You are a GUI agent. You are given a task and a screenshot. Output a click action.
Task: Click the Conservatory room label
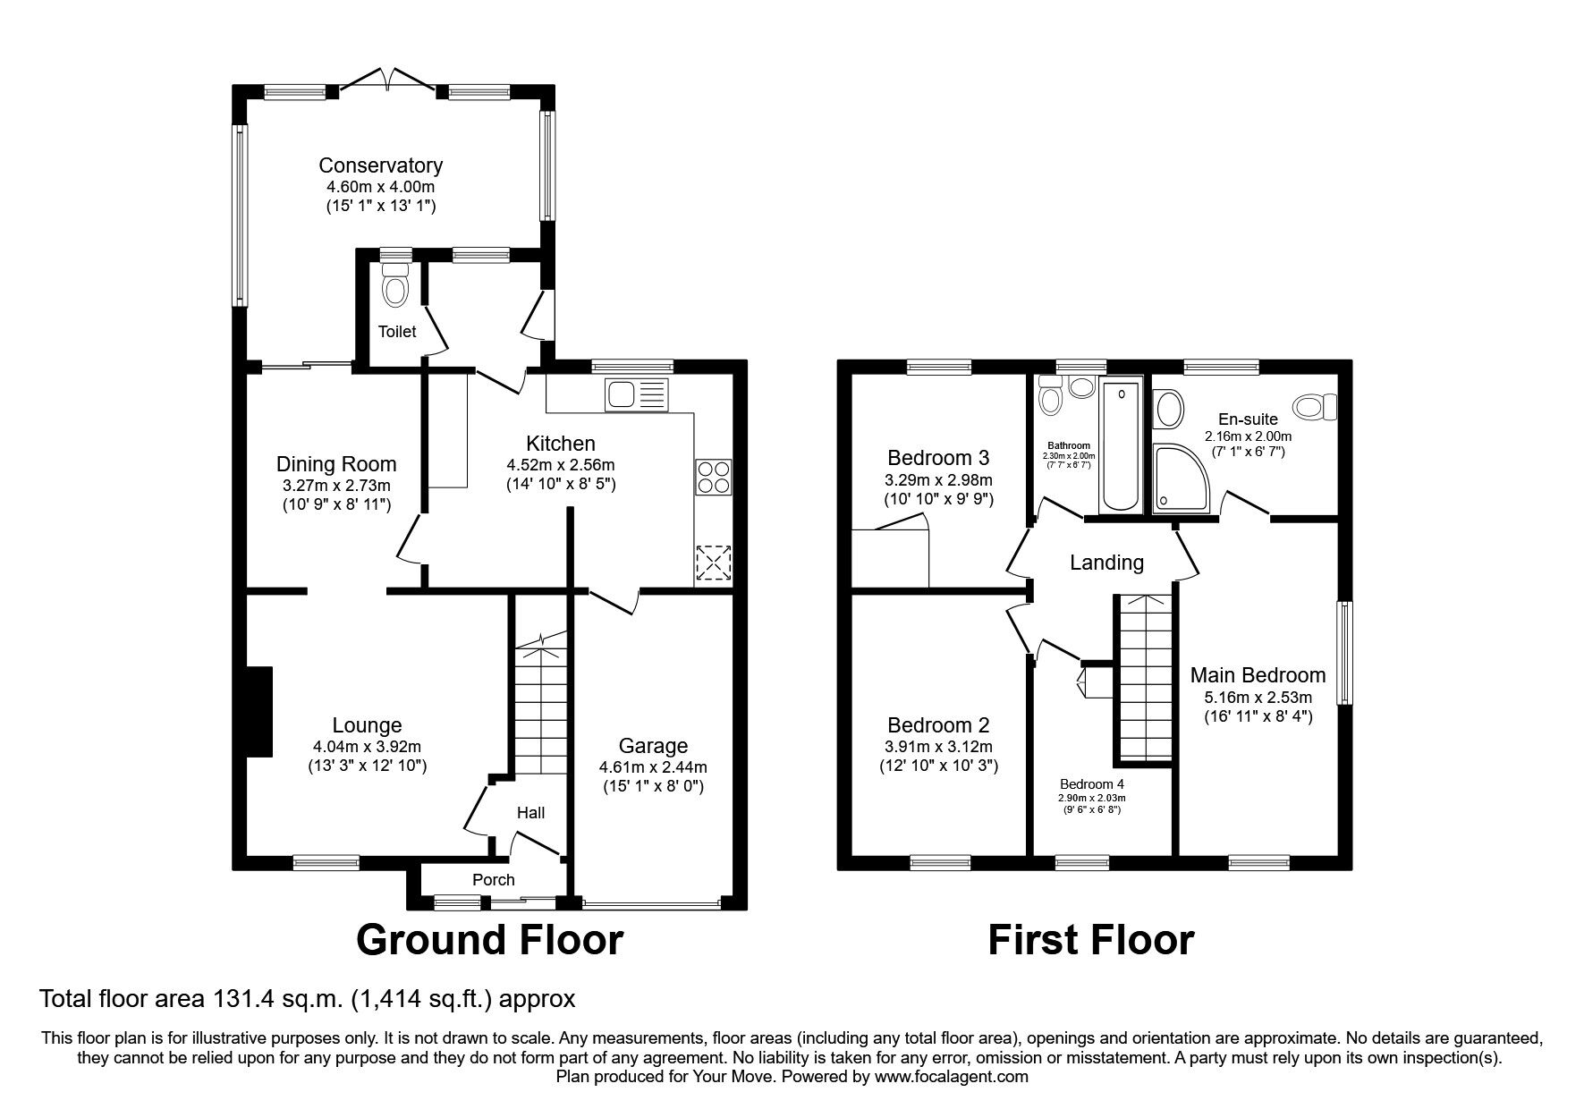coord(380,165)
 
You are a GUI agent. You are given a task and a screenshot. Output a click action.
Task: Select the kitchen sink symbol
coord(636,394)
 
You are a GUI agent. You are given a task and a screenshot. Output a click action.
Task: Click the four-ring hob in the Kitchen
coord(713,476)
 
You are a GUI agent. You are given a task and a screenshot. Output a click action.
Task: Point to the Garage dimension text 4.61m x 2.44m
coord(653,766)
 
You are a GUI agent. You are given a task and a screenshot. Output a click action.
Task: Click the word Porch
coord(493,880)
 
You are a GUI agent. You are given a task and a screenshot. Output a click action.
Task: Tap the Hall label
coord(530,813)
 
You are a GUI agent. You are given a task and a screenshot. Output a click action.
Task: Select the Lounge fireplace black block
coord(259,712)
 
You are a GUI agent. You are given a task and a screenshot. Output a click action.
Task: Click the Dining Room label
coord(335,464)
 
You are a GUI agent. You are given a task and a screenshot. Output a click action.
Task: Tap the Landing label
coord(1106,563)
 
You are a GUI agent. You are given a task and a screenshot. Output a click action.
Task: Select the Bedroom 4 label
coord(1091,783)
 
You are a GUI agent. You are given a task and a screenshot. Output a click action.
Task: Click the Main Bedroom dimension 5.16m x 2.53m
coord(1257,698)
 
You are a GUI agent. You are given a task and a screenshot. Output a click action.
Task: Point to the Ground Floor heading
coord(489,940)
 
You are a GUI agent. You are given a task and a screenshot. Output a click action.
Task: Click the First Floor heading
coord(1090,940)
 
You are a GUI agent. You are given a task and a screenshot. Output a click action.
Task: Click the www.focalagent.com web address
coord(951,1078)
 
